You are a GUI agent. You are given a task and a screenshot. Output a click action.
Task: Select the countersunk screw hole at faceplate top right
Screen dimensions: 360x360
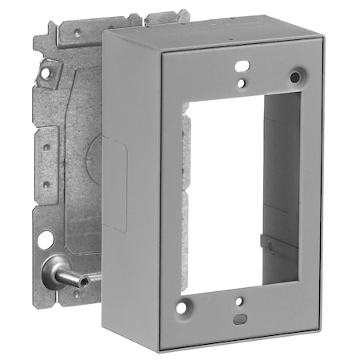tap(296, 77)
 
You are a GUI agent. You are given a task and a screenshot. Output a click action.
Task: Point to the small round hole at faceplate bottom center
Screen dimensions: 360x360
tap(238, 302)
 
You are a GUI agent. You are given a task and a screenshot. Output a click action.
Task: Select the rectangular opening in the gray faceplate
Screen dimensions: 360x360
tap(240, 192)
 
